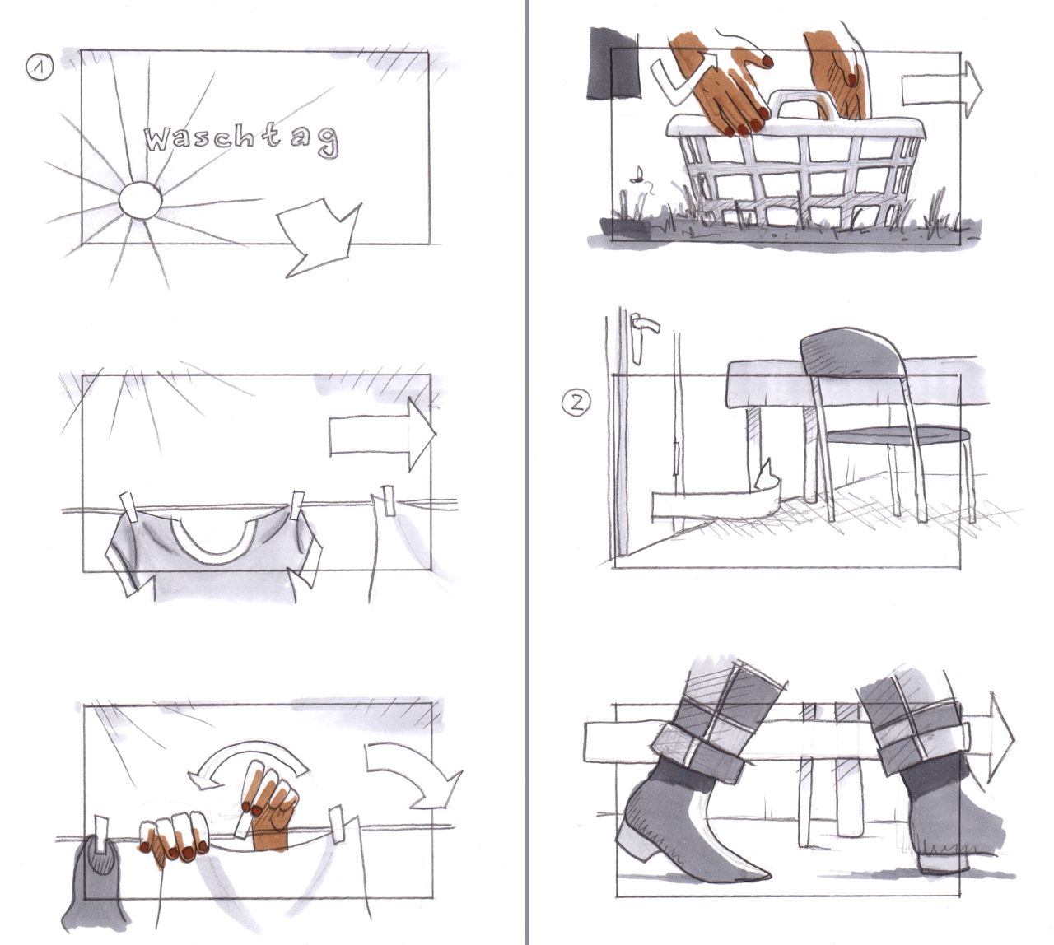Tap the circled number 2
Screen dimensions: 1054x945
pos(576,403)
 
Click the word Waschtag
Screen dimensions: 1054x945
pos(242,139)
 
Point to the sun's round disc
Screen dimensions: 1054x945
pos(140,200)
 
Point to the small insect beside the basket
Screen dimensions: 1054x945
pos(637,177)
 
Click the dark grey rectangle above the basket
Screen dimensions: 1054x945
pos(613,63)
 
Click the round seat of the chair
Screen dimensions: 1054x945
pos(898,435)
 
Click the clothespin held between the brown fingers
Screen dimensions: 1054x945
pos(244,826)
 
